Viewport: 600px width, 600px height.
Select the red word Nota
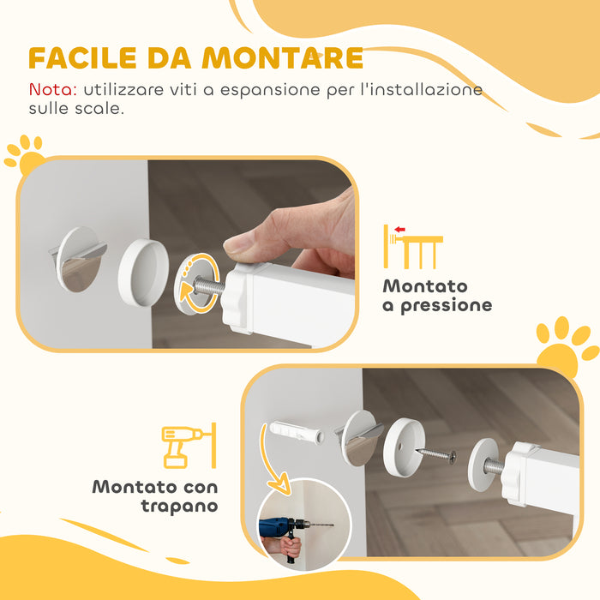[52, 89]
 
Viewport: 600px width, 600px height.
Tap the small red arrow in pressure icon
[399, 229]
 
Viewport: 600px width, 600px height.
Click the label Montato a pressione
[437, 296]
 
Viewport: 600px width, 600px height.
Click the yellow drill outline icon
[183, 446]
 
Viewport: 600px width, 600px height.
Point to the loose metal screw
[436, 454]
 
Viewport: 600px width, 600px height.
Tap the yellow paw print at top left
[25, 155]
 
